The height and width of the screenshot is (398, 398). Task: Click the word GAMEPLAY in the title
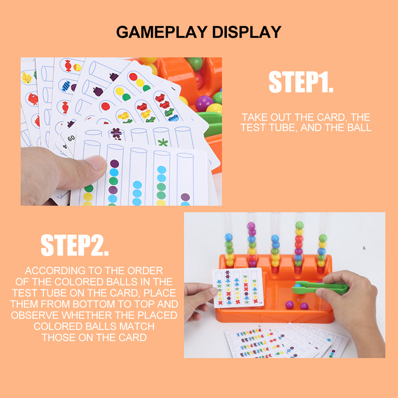coord(162,32)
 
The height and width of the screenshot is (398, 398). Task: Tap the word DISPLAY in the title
coord(247,32)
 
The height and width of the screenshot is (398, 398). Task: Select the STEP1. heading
coord(301,82)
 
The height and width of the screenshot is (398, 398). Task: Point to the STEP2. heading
coord(75,245)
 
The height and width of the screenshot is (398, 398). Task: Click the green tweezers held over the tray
coord(320,288)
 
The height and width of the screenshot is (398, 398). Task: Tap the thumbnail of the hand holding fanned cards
coord(121,131)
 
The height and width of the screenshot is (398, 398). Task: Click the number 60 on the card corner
coord(71,139)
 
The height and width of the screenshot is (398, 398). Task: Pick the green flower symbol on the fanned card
coord(163,142)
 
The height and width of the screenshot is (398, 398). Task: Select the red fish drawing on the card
coord(33,99)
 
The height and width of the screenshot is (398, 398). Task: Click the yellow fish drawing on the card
coord(27,78)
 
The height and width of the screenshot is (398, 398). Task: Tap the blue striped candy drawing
coord(66,86)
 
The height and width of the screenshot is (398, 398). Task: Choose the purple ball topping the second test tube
coord(251,226)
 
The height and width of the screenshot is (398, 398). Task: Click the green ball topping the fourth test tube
coord(300,225)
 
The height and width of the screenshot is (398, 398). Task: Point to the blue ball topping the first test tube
coord(229,237)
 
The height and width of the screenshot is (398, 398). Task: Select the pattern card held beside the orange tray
coord(238,288)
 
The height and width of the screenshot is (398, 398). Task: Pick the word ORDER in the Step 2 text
coord(145,271)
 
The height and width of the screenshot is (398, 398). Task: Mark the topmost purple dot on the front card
coord(115,164)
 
